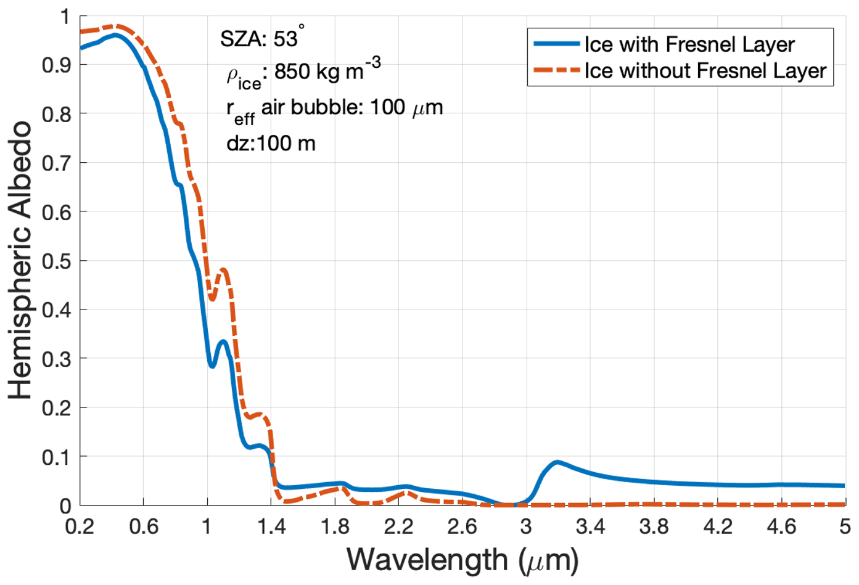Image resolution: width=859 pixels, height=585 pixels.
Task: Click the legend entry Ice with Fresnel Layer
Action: (x=689, y=44)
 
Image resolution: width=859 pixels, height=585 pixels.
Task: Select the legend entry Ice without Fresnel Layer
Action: (x=705, y=71)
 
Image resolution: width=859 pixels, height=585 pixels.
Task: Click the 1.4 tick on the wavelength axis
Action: (x=271, y=526)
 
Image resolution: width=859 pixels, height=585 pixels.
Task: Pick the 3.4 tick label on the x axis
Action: (x=590, y=526)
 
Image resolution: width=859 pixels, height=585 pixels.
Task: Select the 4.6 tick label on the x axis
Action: (x=781, y=526)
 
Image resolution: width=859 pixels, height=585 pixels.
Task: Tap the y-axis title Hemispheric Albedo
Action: (x=20, y=260)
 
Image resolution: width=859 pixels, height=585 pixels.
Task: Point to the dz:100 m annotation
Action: (x=271, y=144)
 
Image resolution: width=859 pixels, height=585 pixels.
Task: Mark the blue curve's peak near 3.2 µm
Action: (x=557, y=462)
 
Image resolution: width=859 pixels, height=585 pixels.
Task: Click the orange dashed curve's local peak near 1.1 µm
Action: (x=223, y=269)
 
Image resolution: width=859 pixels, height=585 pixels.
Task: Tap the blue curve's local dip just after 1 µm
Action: (x=212, y=366)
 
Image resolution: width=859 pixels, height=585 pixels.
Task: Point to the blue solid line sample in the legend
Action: (x=556, y=44)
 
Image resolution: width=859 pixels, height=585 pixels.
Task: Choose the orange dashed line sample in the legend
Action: (x=556, y=71)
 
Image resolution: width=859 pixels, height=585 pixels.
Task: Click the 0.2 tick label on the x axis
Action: (x=80, y=526)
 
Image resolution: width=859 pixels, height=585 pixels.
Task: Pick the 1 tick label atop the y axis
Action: (x=65, y=17)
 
